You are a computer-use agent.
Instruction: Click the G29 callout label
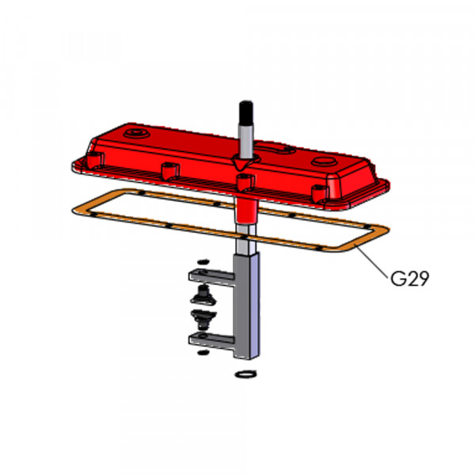pyautogui.click(x=409, y=279)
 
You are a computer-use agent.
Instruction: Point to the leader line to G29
pyautogui.click(x=372, y=262)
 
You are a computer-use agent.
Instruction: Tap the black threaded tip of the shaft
pyautogui.click(x=246, y=112)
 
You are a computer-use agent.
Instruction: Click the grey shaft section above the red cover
pyautogui.click(x=246, y=141)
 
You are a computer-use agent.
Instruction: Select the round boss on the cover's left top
pyautogui.click(x=138, y=133)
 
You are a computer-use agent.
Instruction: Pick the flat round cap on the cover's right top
pyautogui.click(x=325, y=161)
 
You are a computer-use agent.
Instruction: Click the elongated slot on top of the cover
pyautogui.click(x=275, y=148)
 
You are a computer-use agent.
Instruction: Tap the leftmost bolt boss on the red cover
pyautogui.click(x=95, y=160)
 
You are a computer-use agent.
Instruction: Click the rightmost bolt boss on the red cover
pyautogui.click(x=320, y=193)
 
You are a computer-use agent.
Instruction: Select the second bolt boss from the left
pyautogui.click(x=170, y=171)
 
